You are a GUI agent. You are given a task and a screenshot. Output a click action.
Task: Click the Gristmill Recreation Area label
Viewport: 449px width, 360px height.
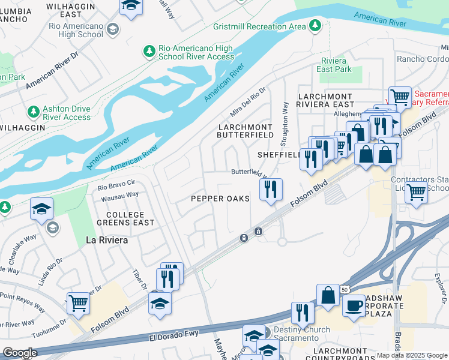tap(259, 27)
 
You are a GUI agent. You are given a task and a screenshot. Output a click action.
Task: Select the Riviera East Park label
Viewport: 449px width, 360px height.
tap(334, 65)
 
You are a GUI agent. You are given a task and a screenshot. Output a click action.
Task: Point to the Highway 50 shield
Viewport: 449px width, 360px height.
tap(344, 289)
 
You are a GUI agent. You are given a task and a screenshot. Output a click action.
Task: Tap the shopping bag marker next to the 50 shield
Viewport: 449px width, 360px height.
tap(328, 295)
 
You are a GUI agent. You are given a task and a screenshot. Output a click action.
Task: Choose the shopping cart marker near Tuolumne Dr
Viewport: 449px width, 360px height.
tap(79, 303)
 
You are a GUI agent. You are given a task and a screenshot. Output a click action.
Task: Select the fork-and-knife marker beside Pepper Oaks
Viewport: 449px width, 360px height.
tap(271, 190)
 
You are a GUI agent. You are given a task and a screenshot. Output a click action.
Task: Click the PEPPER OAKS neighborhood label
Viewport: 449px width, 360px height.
tap(220, 199)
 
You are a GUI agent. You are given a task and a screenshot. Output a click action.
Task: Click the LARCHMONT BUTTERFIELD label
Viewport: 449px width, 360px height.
tap(245, 132)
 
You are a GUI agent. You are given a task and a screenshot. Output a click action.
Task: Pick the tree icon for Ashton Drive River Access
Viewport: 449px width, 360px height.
tap(33, 112)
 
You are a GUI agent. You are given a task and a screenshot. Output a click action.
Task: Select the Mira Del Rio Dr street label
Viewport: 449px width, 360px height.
tap(248, 102)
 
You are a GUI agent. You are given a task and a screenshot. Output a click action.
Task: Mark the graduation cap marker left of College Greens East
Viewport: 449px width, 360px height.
tap(41, 209)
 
